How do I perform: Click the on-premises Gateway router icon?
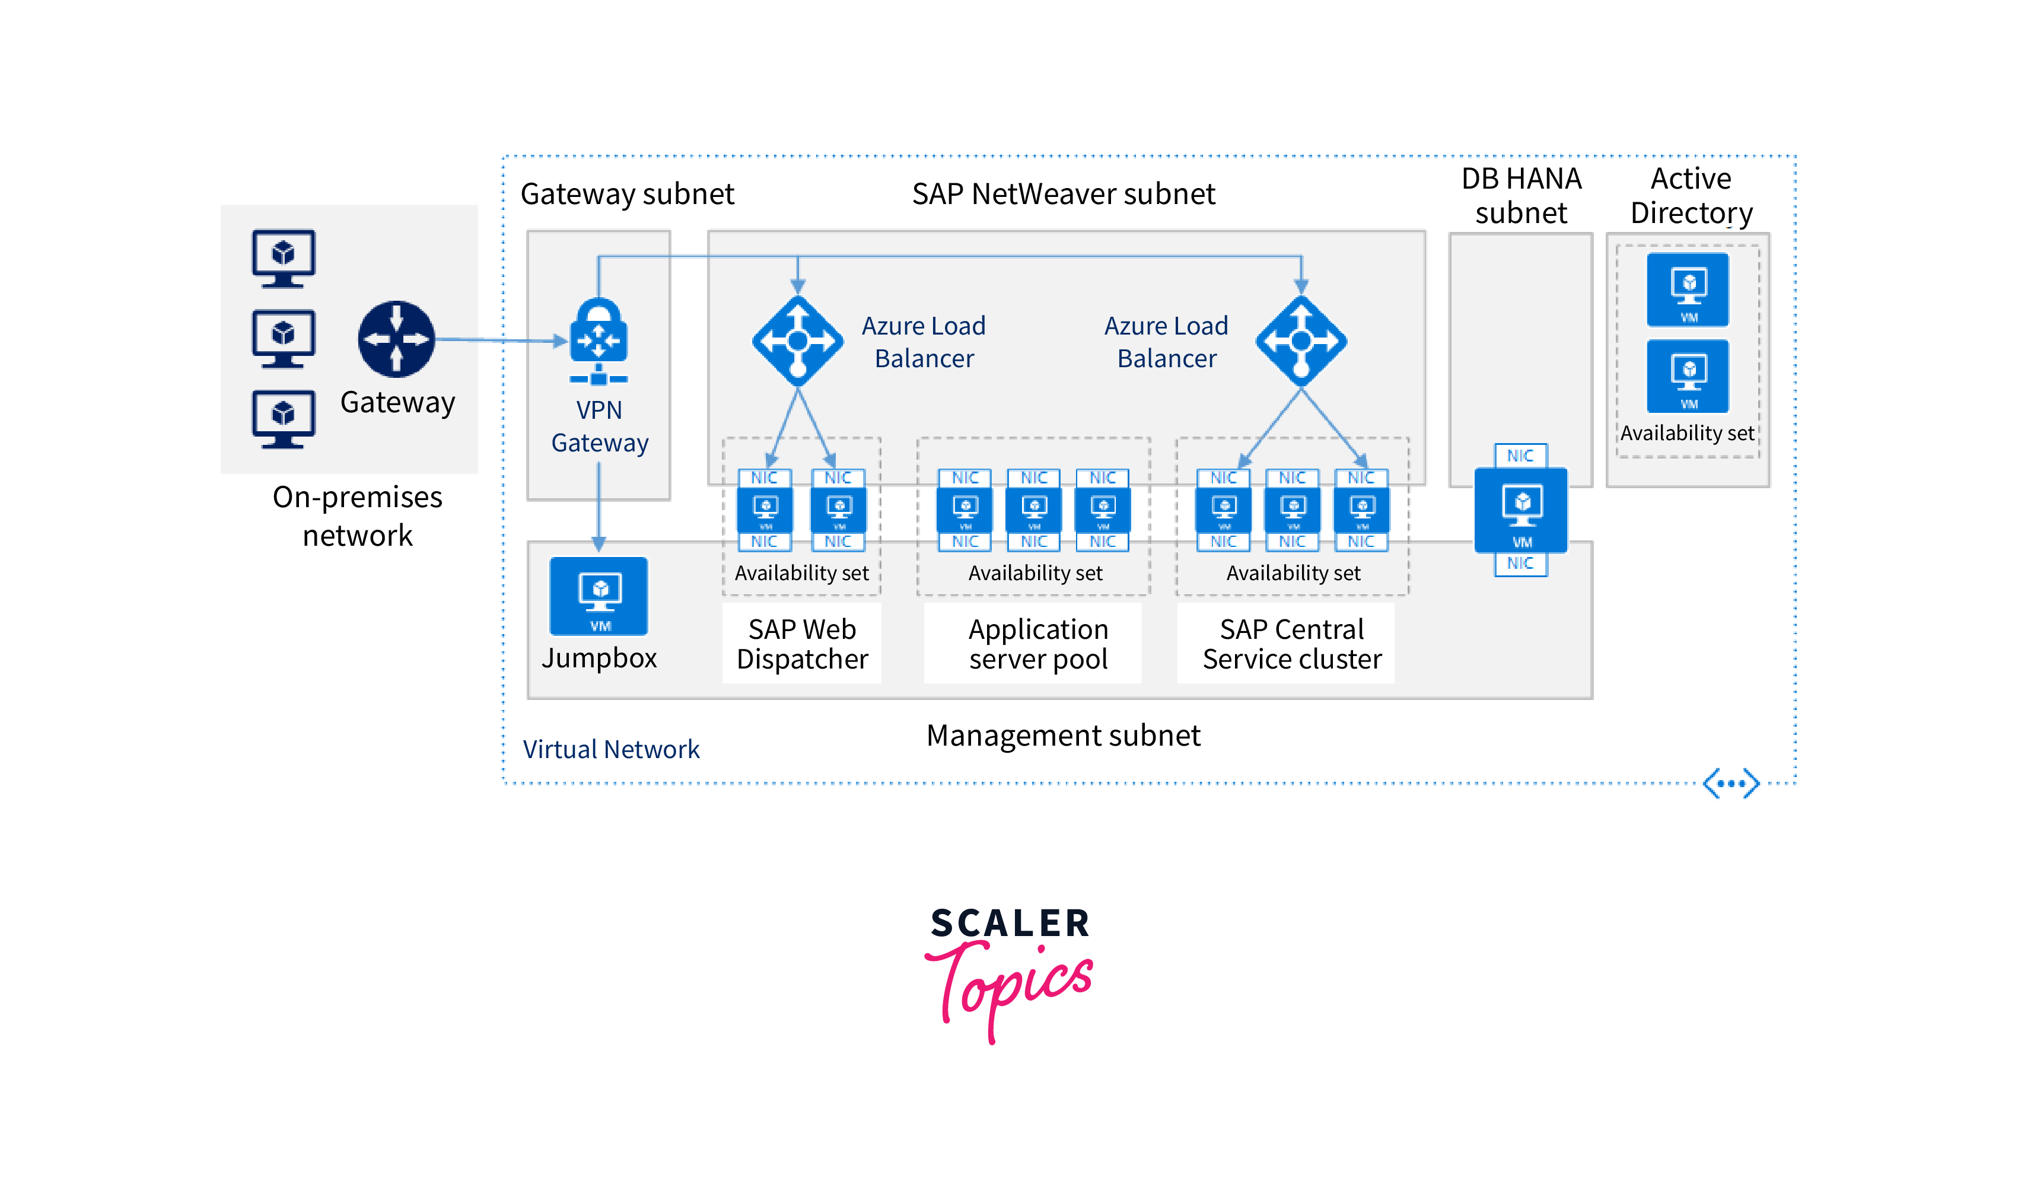coord(396,339)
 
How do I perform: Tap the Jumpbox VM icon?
coord(599,596)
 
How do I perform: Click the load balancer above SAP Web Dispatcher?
coord(798,341)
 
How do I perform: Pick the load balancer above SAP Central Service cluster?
coord(1301,341)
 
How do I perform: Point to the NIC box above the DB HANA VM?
coord(1520,456)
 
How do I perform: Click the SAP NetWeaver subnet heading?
coord(1064,195)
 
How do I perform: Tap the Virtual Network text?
coord(611,749)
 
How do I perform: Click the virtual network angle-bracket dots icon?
coord(1730,783)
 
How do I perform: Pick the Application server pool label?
coord(1038,644)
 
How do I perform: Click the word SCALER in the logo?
coord(1010,923)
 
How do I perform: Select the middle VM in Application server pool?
coord(1034,509)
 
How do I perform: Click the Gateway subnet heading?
coord(627,195)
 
